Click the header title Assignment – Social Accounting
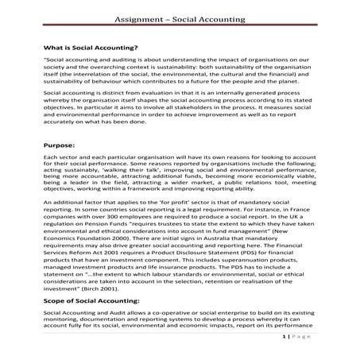click(180, 17)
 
